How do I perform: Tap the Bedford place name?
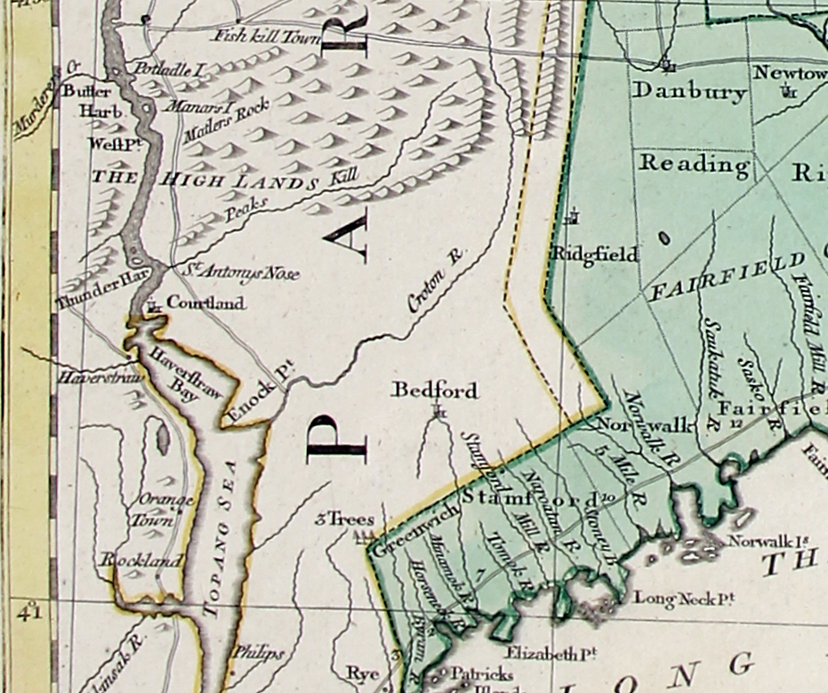435,390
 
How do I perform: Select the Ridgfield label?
595,254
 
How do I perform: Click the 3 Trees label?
344,520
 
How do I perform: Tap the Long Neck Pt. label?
683,599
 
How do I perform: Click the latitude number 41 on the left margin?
30,613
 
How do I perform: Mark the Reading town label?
694,165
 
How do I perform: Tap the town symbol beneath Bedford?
437,411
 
